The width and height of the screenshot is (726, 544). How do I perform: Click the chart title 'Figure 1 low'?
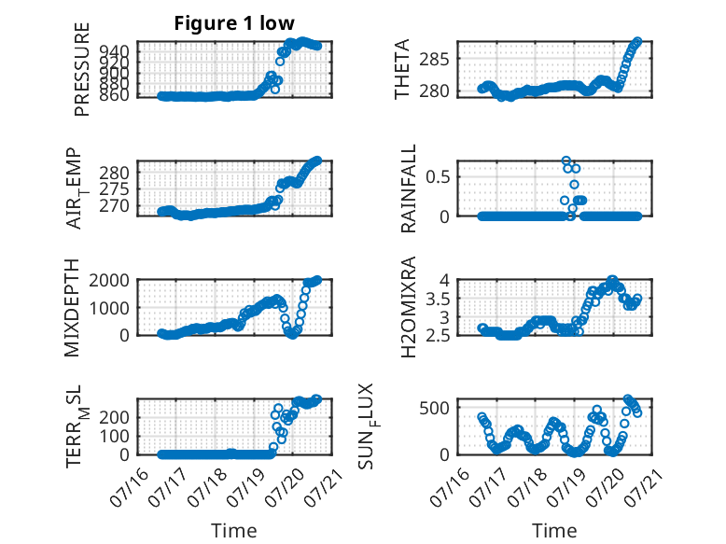[234, 23]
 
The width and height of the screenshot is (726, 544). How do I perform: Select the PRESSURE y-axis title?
[81, 69]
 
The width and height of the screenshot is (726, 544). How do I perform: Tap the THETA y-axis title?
[402, 69]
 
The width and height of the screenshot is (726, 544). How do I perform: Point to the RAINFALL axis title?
[409, 188]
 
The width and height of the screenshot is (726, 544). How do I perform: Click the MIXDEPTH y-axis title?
[72, 308]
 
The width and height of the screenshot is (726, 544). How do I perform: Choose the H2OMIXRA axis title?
[409, 307]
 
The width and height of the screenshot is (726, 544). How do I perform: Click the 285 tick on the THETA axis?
[434, 60]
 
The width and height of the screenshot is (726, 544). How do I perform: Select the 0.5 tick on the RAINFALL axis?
[438, 177]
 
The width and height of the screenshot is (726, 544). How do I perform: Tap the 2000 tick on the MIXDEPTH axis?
[109, 280]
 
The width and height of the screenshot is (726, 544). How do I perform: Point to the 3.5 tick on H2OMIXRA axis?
[438, 300]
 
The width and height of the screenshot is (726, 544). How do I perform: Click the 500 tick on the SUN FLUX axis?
[434, 408]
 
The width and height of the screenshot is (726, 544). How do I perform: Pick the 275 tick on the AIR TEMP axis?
[114, 189]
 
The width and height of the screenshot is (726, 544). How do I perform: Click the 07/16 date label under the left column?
[130, 487]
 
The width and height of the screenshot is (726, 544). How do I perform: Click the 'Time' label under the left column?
[234, 530]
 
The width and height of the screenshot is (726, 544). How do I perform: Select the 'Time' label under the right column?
[554, 530]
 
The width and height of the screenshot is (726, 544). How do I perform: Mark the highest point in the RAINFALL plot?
[565, 160]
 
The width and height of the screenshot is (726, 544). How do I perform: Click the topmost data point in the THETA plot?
[637, 42]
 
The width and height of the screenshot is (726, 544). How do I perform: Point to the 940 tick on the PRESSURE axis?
[114, 50]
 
